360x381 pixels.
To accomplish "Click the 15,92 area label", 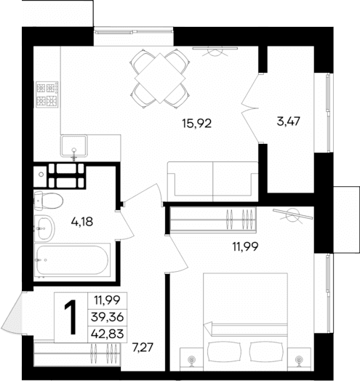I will [x=197, y=123].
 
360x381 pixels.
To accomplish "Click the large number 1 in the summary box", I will [x=71, y=318].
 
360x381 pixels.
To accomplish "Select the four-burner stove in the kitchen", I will [x=47, y=95].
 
